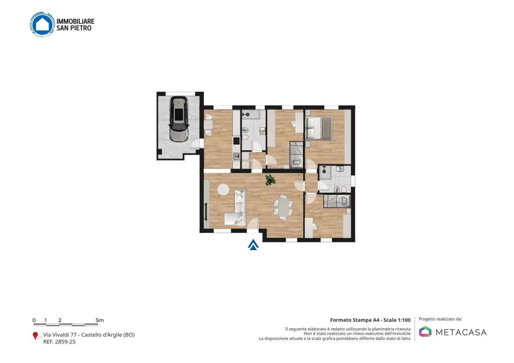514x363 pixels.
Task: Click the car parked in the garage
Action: pyautogui.click(x=179, y=119)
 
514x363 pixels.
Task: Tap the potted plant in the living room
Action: pyautogui.click(x=270, y=180)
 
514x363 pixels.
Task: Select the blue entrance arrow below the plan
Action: pyautogui.click(x=253, y=245)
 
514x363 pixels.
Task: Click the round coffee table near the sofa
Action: pyautogui.click(x=223, y=190)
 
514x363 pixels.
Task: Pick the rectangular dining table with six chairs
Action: pyautogui.click(x=283, y=208)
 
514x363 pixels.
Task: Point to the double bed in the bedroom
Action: pyautogui.click(x=319, y=128)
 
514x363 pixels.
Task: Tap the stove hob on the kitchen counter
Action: pyautogui.click(x=236, y=141)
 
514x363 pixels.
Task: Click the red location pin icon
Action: pyautogui.click(x=35, y=336)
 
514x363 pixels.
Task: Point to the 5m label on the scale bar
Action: pyautogui.click(x=100, y=320)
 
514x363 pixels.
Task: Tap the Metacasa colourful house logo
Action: pyautogui.click(x=425, y=331)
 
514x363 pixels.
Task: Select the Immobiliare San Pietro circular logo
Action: pyautogui.click(x=42, y=24)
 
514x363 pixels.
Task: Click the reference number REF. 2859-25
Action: pyautogui.click(x=59, y=342)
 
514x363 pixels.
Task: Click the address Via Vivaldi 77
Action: pyautogui.click(x=60, y=335)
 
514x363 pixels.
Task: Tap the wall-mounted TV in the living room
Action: pyautogui.click(x=206, y=211)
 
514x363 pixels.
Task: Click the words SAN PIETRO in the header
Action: pyautogui.click(x=74, y=28)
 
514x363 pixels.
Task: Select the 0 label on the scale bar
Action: pyautogui.click(x=34, y=320)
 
